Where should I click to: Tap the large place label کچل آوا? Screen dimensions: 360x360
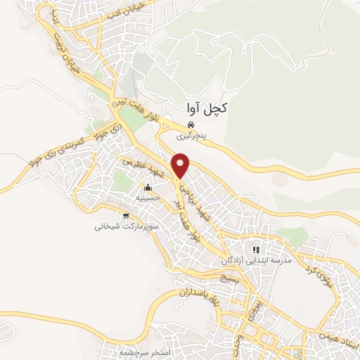point(207,109)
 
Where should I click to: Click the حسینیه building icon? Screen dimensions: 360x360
point(148,188)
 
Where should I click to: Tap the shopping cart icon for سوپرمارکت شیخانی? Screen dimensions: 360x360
point(126,216)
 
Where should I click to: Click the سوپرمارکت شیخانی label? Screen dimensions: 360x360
point(127,226)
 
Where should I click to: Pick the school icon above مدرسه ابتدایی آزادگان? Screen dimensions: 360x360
point(257,249)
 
